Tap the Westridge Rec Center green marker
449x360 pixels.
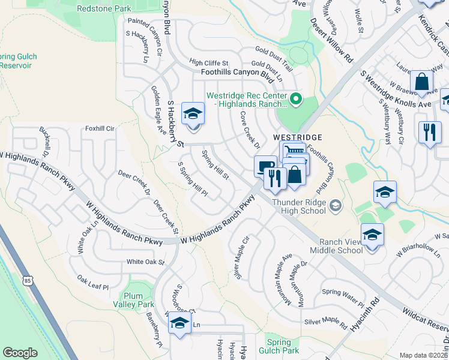point(295,99)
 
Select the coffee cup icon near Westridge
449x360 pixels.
point(265,167)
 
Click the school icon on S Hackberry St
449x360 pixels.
point(193,113)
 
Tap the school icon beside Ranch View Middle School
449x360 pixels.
point(372,234)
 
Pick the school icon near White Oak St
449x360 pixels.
point(178,323)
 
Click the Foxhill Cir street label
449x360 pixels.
point(100,128)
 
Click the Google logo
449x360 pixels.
point(20,353)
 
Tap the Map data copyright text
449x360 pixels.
point(424,355)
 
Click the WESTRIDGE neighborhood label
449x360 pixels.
point(298,137)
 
